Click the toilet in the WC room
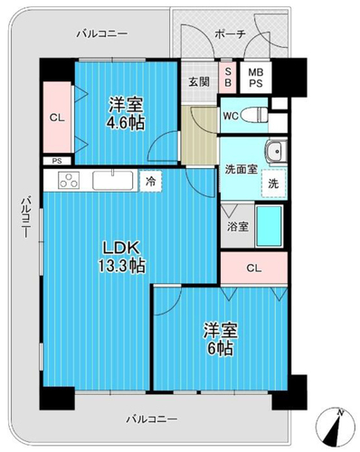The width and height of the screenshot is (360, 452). tap(255, 115)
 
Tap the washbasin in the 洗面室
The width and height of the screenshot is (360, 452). tap(276, 151)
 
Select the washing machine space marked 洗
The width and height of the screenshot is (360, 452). tap(273, 184)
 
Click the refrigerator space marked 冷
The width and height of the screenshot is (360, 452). tap(151, 181)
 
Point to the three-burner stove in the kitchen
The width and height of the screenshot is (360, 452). tap(69, 180)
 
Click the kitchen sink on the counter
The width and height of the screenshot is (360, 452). tap(113, 180)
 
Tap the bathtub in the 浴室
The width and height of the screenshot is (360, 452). tap(269, 226)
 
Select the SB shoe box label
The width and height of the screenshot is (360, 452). tap(228, 77)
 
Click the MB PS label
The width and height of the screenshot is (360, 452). tap(256, 78)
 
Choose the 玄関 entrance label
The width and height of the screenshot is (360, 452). tap(199, 82)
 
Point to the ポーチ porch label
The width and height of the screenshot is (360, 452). tap(231, 34)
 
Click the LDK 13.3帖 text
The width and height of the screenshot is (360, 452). tap(121, 257)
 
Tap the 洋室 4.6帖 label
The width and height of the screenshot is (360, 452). tap(127, 113)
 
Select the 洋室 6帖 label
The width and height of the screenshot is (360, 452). tap(221, 339)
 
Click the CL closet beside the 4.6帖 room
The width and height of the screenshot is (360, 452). tap(57, 118)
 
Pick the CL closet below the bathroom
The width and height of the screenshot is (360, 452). tap(254, 268)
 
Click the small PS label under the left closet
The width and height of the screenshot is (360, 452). tap(57, 161)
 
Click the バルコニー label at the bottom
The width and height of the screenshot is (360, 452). tap(152, 419)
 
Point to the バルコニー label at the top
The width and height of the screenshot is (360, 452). tap(101, 33)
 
